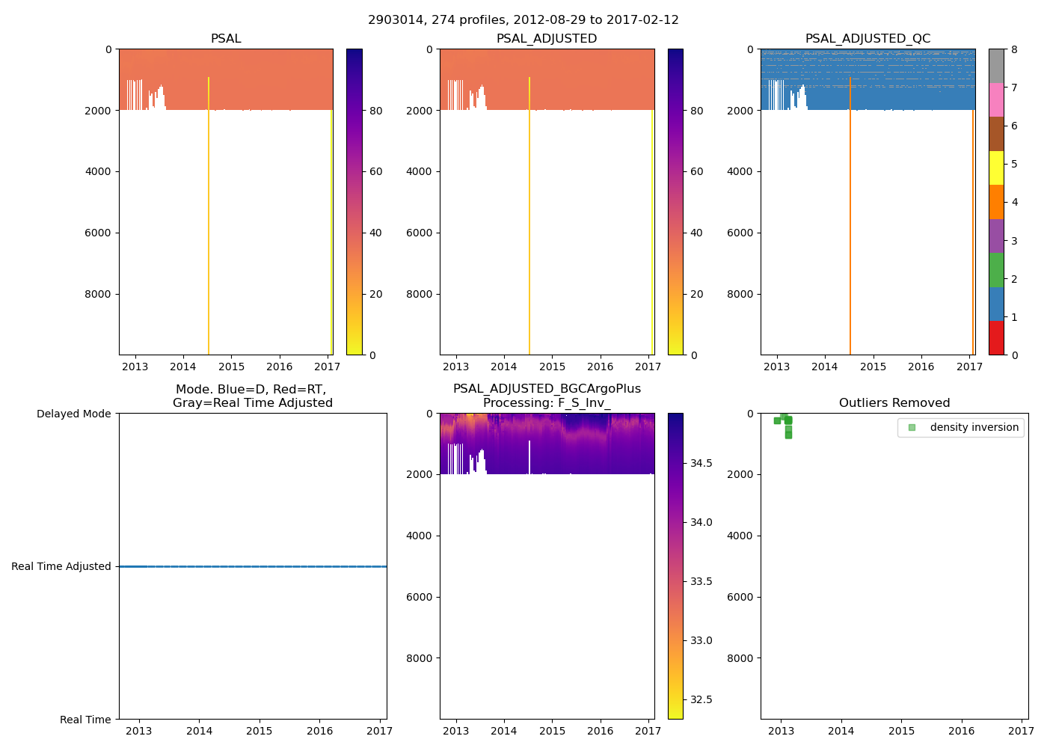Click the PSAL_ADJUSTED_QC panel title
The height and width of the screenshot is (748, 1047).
(x=868, y=39)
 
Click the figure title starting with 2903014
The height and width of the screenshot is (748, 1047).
(x=523, y=20)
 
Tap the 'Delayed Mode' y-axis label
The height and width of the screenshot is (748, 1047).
(x=73, y=414)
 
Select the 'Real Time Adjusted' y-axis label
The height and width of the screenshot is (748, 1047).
(x=61, y=566)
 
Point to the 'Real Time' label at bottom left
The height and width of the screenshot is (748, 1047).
(x=85, y=720)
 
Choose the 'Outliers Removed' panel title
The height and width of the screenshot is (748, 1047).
(x=894, y=403)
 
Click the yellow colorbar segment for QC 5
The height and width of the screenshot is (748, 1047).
(x=996, y=168)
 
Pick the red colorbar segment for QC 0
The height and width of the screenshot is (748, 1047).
(x=996, y=338)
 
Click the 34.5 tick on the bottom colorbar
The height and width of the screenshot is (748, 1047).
(x=701, y=463)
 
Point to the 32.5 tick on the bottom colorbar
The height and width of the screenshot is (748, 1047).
(x=701, y=699)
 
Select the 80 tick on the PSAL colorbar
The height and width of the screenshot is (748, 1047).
(x=375, y=111)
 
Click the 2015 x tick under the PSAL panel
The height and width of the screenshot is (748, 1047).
(x=231, y=367)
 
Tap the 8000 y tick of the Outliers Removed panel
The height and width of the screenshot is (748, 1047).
(x=742, y=658)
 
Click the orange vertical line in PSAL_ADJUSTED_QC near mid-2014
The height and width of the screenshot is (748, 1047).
(x=850, y=224)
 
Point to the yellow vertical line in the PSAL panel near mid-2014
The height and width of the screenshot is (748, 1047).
(x=209, y=224)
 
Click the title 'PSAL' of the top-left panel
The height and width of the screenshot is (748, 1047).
(x=226, y=39)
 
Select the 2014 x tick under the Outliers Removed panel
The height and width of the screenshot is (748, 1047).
(x=841, y=731)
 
